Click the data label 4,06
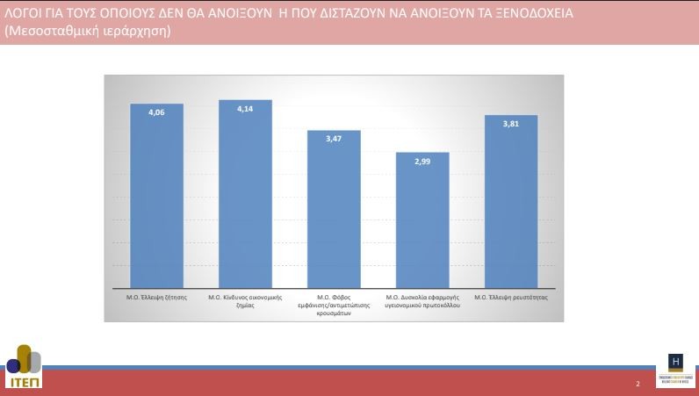pyautogui.click(x=157, y=112)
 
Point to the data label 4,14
pyautogui.click(x=245, y=108)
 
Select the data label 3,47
pyautogui.click(x=334, y=139)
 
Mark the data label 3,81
pyautogui.click(x=510, y=124)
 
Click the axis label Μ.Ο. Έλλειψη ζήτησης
pyautogui.click(x=157, y=298)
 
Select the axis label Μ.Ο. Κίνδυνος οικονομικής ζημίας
pyautogui.click(x=245, y=301)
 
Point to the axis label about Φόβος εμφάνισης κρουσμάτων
pyautogui.click(x=334, y=305)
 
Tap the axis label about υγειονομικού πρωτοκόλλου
pyautogui.click(x=422, y=301)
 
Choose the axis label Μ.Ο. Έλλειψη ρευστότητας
pyautogui.click(x=510, y=298)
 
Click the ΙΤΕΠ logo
pyautogui.click(x=23, y=368)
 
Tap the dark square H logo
pyautogui.click(x=675, y=362)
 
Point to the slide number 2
pyautogui.click(x=638, y=385)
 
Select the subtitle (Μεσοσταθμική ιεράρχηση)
pyautogui.click(x=87, y=31)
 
